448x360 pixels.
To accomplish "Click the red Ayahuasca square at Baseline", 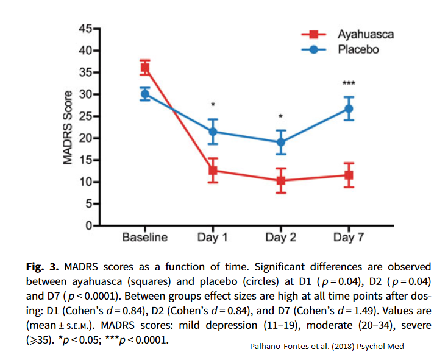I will point(145,68).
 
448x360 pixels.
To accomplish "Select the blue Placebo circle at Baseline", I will point(145,94).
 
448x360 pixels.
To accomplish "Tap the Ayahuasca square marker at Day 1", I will point(213,171).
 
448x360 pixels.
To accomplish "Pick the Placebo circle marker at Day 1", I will point(213,132).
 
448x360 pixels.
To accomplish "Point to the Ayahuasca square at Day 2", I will point(281,180).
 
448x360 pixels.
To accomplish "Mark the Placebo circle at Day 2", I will point(281,143).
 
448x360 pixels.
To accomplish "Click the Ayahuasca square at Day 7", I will point(349,175).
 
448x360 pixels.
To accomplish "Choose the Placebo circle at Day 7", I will point(349,108).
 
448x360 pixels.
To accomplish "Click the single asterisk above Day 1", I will point(213,105).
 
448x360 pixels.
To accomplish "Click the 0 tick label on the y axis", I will point(88,226).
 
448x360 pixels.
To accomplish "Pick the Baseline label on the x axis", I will point(145,238).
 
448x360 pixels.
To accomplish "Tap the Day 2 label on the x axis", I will point(281,238).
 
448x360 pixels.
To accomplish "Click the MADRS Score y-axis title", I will point(69,127).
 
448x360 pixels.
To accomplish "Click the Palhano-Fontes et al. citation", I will point(327,347).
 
